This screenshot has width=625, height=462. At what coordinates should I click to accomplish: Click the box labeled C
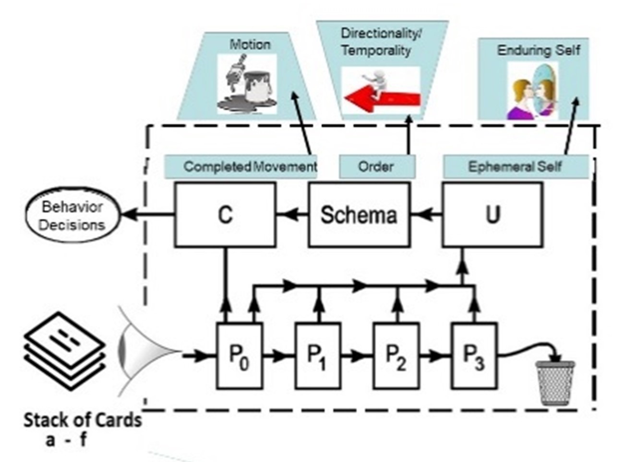(225, 214)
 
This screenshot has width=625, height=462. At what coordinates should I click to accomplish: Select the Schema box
(359, 214)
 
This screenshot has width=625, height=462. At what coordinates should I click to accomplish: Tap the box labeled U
(493, 214)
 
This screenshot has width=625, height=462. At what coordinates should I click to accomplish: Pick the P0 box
(239, 356)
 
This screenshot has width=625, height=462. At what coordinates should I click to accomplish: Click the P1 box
(317, 356)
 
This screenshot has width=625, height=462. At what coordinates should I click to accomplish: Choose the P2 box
(396, 356)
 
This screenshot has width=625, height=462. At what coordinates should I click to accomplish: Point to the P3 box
(474, 356)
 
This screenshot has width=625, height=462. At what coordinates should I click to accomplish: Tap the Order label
(377, 167)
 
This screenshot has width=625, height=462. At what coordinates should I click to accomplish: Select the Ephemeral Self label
(515, 167)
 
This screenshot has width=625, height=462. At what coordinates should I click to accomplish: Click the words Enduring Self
(538, 50)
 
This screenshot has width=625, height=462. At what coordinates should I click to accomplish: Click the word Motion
(250, 45)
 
